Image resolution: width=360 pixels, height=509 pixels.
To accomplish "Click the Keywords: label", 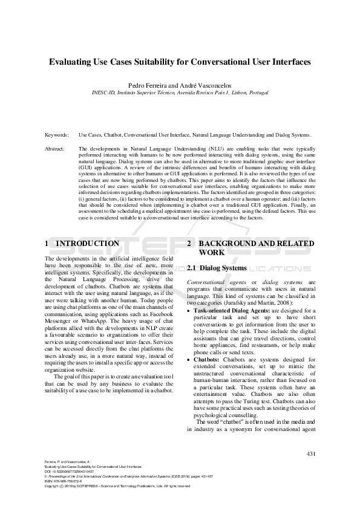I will point(56,135).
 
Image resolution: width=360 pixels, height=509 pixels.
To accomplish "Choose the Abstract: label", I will point(56,148).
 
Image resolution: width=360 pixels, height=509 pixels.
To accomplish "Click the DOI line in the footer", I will point(64,472).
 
